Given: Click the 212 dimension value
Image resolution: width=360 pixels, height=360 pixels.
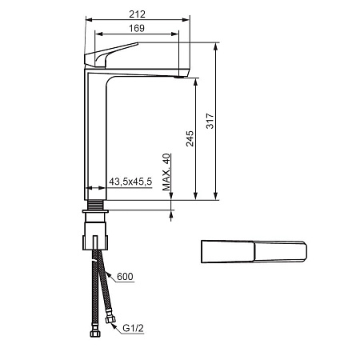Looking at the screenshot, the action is click(138, 14).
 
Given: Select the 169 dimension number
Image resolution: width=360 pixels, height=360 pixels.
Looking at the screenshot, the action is click(137, 28).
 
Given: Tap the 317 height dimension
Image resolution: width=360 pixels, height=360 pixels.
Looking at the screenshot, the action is click(210, 121).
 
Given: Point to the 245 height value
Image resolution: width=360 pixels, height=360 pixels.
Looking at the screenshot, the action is click(190, 138).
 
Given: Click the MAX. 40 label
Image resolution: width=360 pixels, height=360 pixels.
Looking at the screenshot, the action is click(166, 172).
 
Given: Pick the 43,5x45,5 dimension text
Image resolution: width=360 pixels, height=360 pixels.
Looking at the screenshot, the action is click(130, 182).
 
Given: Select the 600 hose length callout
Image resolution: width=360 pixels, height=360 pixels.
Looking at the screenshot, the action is click(125, 277).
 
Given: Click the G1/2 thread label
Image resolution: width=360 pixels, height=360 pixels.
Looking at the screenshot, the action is click(133, 328).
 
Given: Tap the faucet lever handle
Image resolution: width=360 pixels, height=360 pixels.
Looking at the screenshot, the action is click(110, 54).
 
